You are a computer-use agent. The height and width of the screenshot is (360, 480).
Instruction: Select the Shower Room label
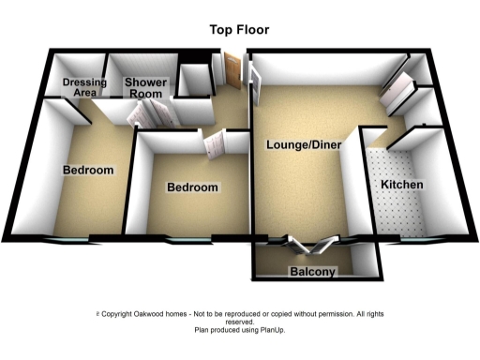145,87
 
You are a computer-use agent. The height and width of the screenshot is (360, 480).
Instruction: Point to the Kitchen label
401,185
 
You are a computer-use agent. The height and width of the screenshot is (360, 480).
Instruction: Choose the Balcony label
312,272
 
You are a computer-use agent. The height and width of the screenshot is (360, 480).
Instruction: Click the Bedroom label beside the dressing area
88,171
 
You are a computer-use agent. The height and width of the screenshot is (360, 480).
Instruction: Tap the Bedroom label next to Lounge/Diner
192,187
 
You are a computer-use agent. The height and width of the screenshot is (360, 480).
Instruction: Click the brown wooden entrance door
232,70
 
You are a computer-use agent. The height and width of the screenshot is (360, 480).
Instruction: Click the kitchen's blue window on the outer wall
412,241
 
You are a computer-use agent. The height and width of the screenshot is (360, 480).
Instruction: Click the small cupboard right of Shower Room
195,82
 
